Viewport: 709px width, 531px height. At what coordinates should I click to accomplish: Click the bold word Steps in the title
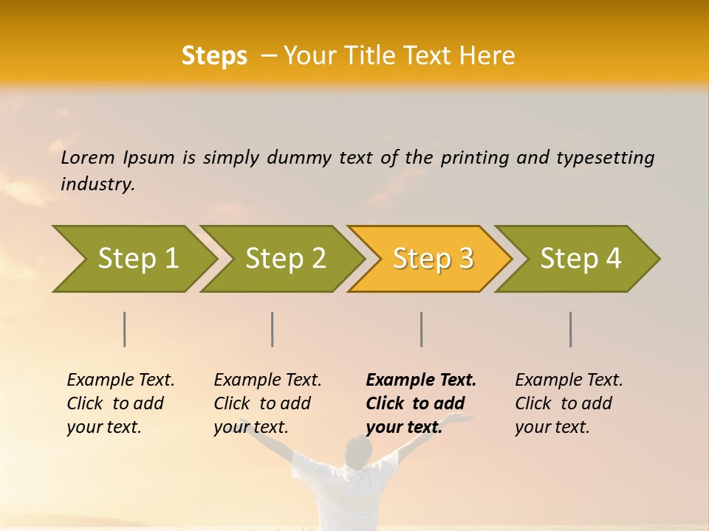(214, 56)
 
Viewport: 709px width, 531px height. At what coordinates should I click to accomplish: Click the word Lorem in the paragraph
(87, 157)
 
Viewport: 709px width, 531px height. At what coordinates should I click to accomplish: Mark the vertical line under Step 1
(125, 329)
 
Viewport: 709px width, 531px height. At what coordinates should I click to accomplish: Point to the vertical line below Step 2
(273, 329)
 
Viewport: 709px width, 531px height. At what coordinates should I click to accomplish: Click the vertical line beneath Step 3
(421, 329)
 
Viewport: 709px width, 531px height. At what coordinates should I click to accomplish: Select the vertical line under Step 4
(570, 329)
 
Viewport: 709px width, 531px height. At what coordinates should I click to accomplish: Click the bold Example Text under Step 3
(421, 381)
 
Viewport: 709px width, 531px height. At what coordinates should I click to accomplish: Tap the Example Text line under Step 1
(120, 381)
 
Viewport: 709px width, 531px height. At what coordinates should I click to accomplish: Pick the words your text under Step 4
(552, 428)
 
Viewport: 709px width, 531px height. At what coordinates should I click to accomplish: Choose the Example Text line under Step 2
(267, 381)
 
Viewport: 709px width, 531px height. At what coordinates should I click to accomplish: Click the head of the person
(358, 451)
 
